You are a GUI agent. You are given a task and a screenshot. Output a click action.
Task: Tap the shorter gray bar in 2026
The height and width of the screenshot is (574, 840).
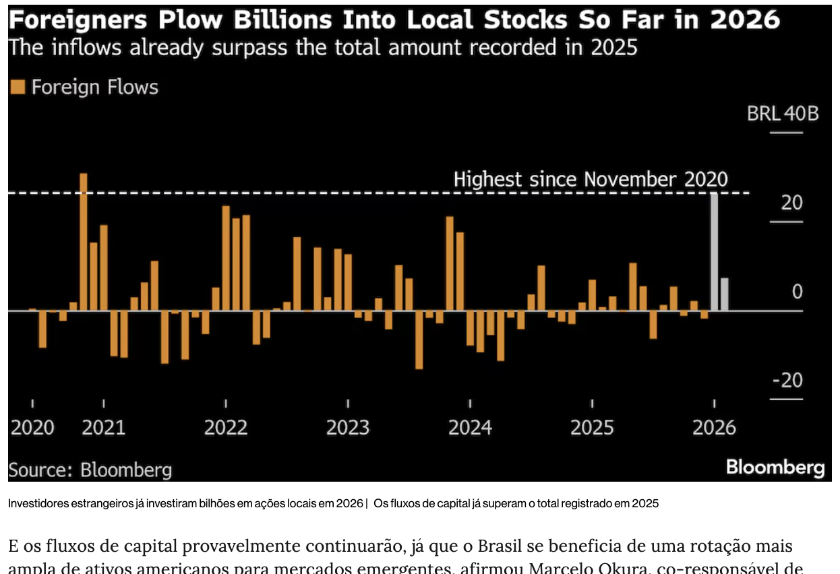coord(724,294)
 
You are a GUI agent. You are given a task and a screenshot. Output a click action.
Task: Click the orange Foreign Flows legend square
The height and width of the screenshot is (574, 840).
coord(18,87)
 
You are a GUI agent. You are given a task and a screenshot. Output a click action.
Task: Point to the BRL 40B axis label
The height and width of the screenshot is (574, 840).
coord(783,113)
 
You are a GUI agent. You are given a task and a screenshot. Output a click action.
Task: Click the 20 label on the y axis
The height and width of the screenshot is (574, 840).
coord(791,202)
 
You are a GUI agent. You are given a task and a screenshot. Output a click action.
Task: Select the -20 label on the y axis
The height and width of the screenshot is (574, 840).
coord(787,380)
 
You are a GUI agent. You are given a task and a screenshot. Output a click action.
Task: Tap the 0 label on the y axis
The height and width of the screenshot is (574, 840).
coord(798,292)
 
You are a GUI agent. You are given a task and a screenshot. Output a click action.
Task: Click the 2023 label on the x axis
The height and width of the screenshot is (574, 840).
coord(348,427)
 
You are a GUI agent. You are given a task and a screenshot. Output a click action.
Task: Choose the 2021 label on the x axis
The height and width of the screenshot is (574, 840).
coord(104,427)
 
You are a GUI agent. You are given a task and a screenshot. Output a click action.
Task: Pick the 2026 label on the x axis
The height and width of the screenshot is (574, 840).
coord(714,427)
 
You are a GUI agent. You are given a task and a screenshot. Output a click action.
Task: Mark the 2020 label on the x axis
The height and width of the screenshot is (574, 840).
coord(32,427)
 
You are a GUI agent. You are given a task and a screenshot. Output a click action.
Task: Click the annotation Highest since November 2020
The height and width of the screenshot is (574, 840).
coord(591,179)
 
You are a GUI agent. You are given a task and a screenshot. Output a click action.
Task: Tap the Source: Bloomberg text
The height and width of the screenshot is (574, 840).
coord(90,469)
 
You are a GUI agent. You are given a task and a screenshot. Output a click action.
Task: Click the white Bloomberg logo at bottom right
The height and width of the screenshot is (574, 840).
coord(775,468)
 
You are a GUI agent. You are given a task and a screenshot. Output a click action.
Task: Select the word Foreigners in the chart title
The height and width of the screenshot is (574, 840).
coord(78,20)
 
